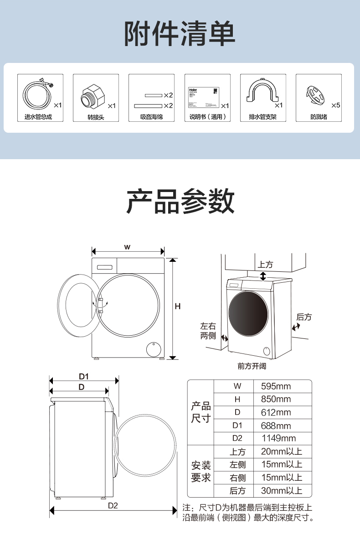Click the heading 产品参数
click(180, 201)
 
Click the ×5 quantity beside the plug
click(336, 105)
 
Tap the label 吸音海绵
click(151, 117)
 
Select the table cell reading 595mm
click(276, 386)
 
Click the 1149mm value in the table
click(278, 438)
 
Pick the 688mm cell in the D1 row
click(276, 426)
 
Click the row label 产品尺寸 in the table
click(201, 412)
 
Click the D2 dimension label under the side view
click(113, 505)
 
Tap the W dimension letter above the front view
click(128, 247)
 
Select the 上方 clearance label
click(265, 265)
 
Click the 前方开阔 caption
click(252, 366)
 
